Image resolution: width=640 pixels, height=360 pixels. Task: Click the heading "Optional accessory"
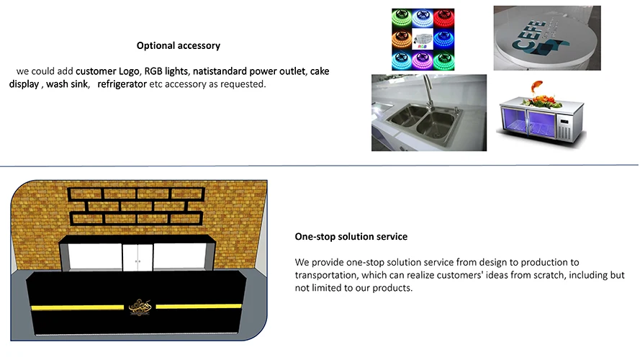click(178, 46)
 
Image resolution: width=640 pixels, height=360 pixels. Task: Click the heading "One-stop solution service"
click(351, 237)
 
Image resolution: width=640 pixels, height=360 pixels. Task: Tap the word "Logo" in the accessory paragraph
click(127, 72)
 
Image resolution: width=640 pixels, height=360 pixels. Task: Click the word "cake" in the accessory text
click(320, 72)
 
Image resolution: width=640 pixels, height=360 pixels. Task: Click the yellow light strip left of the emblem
click(79, 307)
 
